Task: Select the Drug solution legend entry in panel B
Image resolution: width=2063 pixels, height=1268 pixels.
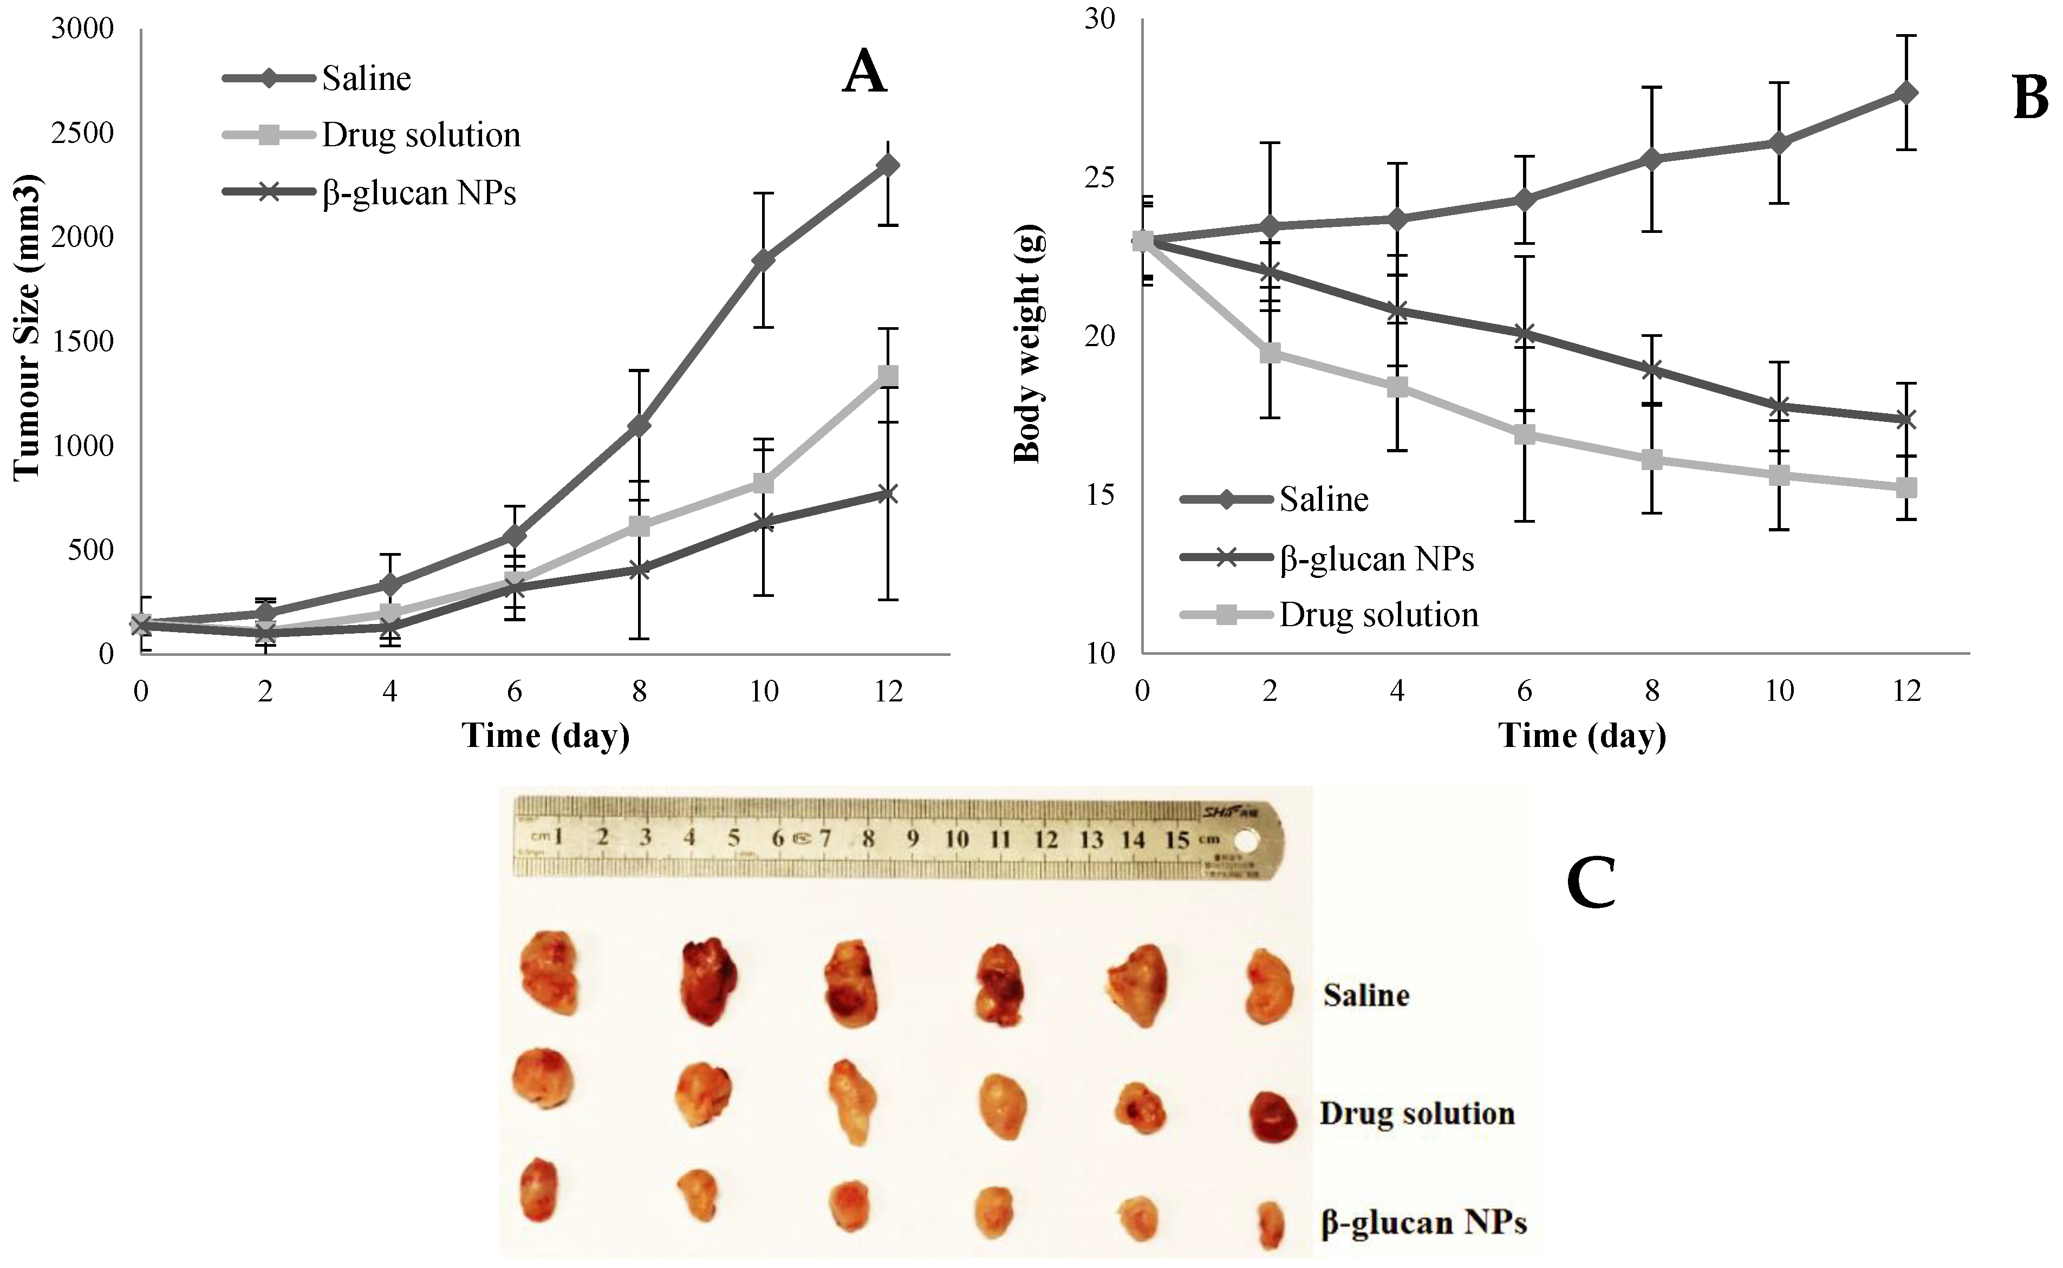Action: coord(1378,615)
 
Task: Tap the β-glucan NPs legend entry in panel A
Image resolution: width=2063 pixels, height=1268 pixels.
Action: coord(419,193)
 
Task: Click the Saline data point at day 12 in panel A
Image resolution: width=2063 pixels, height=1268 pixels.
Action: coord(888,165)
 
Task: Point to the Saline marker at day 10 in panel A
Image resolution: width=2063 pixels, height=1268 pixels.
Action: coord(763,259)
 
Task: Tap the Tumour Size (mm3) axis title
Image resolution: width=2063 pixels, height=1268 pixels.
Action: coord(27,327)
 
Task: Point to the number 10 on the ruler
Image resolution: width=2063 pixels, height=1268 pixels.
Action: coord(956,838)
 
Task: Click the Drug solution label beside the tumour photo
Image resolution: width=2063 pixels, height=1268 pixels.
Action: coord(1416,1114)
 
